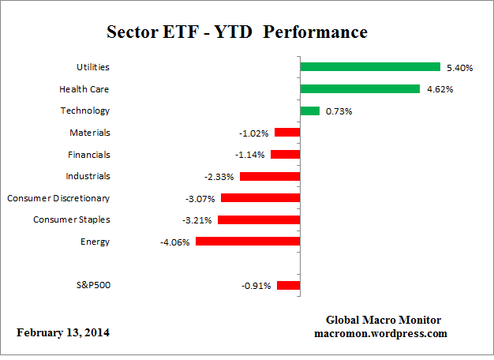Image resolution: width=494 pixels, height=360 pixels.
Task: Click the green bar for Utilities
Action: (370, 67)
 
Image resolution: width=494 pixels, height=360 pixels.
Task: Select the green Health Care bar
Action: (360, 89)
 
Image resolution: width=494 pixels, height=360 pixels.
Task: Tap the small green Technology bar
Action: (310, 111)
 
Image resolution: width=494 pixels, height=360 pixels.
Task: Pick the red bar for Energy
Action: (248, 242)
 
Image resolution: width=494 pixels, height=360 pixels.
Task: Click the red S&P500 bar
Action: (288, 285)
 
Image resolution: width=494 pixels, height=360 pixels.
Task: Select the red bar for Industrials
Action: (270, 176)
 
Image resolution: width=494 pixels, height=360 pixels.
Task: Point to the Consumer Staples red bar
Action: (259, 219)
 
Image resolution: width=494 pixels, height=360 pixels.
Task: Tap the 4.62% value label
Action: (439, 90)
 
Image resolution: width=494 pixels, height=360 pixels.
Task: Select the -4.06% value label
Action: (174, 242)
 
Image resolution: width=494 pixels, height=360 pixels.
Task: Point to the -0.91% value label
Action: (256, 286)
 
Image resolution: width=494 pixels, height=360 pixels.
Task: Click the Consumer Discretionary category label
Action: (58, 198)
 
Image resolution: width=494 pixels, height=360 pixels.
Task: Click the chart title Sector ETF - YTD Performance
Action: (237, 32)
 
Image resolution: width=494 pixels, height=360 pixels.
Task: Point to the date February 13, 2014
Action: (63, 332)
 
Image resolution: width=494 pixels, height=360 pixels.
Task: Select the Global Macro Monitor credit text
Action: (384, 320)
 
